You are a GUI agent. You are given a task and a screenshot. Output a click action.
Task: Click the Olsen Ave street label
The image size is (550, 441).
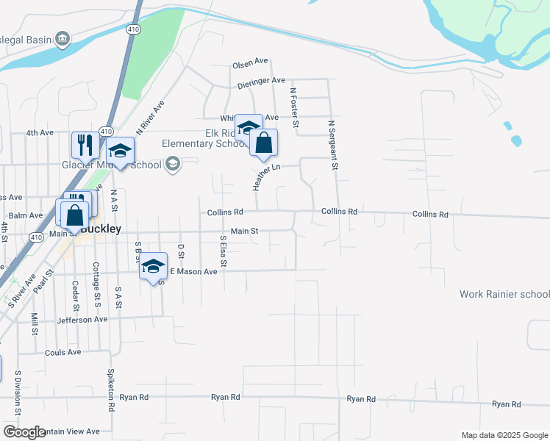tap(251, 62)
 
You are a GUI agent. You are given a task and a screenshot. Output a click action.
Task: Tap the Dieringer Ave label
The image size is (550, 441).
tap(261, 81)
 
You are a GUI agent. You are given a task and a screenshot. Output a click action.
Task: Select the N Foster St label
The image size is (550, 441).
tap(294, 108)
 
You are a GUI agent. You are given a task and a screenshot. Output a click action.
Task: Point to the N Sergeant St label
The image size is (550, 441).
tap(332, 146)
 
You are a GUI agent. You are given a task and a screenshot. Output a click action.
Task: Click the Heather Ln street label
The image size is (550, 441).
tap(266, 177)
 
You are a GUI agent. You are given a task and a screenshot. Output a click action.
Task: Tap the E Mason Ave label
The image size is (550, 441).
tap(194, 271)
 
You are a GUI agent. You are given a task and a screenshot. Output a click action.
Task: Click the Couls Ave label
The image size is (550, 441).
tap(64, 352)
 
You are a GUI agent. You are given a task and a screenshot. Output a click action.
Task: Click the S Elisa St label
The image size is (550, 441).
tap(223, 251)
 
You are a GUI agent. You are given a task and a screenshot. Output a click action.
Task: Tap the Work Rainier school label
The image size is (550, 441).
tap(504, 294)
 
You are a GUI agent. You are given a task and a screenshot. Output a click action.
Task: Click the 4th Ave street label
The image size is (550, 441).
tap(40, 132)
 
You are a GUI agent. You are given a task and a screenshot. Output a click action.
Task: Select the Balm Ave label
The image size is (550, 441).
tap(25, 215)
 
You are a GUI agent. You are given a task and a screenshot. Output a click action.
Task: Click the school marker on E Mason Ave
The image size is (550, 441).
tap(153, 266)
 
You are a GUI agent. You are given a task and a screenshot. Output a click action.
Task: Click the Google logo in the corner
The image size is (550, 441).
tap(24, 431)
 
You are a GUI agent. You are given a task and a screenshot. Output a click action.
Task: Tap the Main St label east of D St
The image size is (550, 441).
tap(244, 231)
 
